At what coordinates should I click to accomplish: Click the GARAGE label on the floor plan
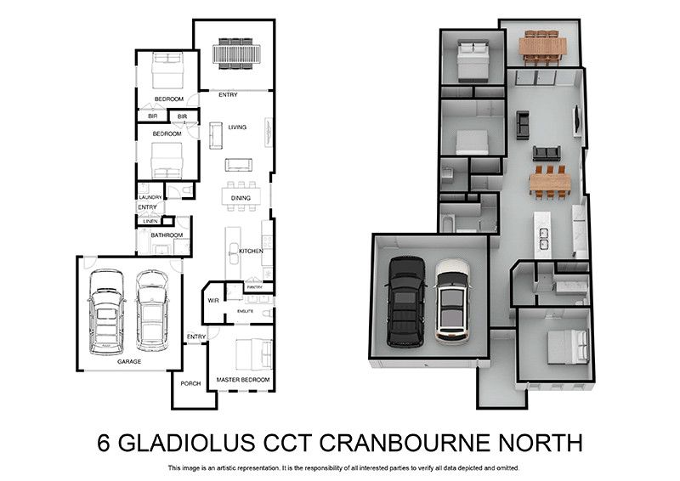coord(129,361)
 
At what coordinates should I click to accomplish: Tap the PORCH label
coord(190,383)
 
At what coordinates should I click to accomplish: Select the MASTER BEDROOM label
coord(243,380)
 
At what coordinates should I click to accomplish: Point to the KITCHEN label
coord(251,252)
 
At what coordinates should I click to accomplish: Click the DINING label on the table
coord(241,198)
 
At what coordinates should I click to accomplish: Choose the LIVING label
coord(237,127)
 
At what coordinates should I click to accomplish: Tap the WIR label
coord(213,301)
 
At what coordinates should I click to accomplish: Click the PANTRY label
coord(254,287)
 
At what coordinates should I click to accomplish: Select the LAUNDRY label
coord(150,197)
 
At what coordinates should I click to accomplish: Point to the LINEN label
coord(150,221)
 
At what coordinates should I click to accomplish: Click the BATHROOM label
coord(167,235)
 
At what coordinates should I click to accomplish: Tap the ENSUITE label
coord(246,311)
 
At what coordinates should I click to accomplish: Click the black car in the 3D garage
coord(406,302)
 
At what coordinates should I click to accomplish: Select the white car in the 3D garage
coord(452,302)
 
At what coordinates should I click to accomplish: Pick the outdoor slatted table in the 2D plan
coord(237,54)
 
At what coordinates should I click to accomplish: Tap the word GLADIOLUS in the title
coord(187,443)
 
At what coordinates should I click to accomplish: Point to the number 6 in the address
coord(103,443)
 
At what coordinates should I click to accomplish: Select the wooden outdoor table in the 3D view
coord(542,47)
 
